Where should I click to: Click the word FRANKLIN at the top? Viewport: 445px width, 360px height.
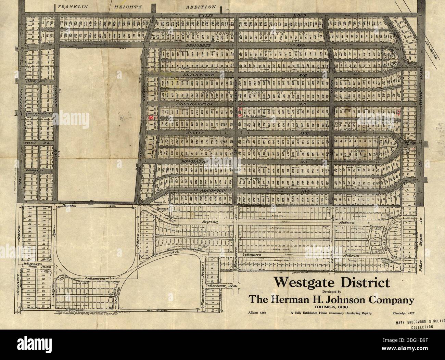71,7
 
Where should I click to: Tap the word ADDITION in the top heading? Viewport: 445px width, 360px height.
201,7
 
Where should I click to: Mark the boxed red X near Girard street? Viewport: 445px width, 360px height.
151,117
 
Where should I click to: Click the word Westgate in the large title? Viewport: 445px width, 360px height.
301,283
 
